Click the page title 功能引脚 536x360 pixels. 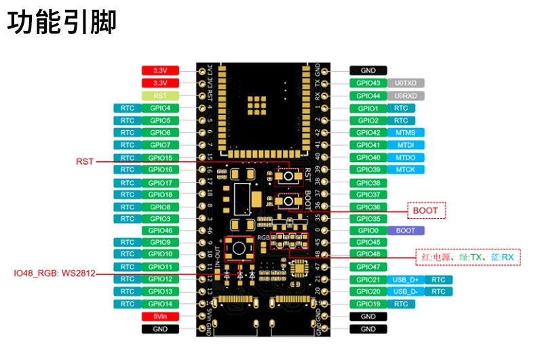pos(62,22)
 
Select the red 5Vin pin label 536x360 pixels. pos(160,316)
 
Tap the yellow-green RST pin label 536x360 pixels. pos(160,96)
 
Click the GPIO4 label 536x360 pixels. pos(160,108)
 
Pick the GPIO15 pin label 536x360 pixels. pos(160,157)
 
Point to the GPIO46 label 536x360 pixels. pos(160,231)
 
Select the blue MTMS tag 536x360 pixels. pos(406,133)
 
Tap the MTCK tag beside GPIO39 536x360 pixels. pos(406,169)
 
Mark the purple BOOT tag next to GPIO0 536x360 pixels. pos(406,231)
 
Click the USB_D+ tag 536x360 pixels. pos(406,279)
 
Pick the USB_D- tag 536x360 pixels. pos(406,292)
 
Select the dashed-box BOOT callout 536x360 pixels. pos(425,211)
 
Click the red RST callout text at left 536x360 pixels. pos(85,161)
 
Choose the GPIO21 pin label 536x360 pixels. pos(368,279)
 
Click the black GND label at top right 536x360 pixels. pos(368,71)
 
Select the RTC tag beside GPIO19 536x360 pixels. pos(401,304)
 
